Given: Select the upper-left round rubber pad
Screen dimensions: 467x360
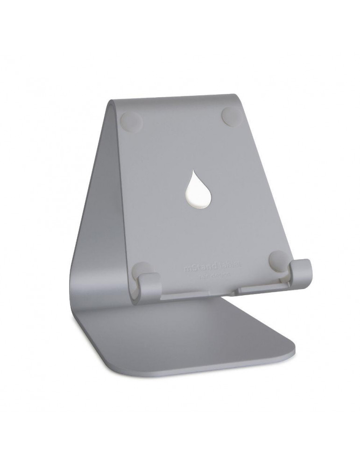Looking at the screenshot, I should (x=132, y=121).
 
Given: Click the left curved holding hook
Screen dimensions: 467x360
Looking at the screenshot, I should (x=148, y=285).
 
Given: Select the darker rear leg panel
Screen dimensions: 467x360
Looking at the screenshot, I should (x=93, y=224).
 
